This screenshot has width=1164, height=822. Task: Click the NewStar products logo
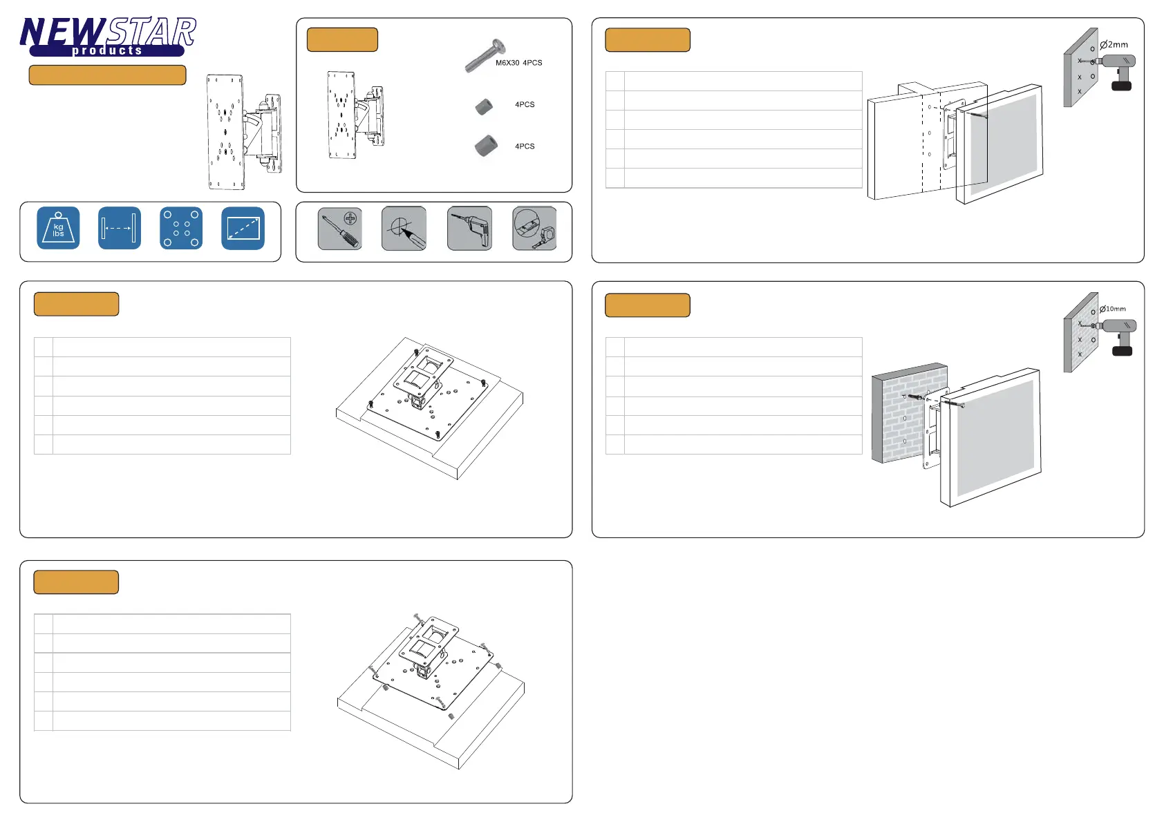108,36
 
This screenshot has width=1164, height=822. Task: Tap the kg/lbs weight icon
58,228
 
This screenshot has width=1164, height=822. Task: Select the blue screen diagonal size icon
243,228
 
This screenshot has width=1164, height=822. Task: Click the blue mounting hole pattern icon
181,228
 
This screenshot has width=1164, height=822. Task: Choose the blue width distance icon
120,228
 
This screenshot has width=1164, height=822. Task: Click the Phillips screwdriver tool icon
340,229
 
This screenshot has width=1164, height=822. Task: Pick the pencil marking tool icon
404,229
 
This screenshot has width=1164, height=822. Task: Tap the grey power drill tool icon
470,229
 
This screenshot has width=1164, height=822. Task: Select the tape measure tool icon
535,229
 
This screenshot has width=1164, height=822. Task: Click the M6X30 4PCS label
518,63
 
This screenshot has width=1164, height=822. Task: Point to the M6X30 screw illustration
485,55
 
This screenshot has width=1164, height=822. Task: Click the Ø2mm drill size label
1114,45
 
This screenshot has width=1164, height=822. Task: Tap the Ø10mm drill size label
1113,309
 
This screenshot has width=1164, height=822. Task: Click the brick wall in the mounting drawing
910,412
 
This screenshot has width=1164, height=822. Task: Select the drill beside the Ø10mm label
1116,336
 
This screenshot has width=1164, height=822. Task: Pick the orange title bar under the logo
108,75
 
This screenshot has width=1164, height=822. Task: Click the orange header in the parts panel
342,39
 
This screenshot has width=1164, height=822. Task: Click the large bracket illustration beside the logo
244,132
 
